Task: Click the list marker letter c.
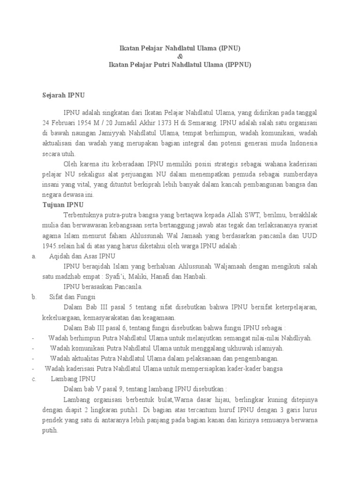34,379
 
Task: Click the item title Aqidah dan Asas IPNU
82,256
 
